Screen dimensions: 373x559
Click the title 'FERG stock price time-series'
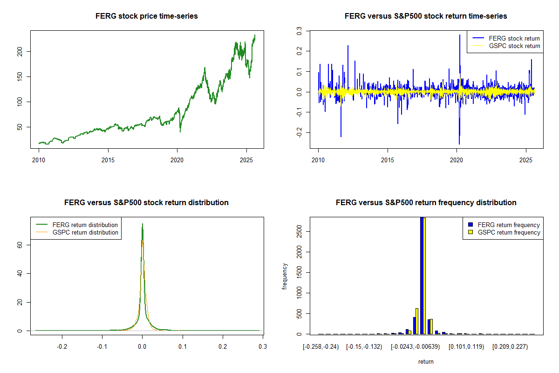[x=146, y=16]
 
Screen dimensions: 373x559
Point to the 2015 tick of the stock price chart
[x=108, y=159]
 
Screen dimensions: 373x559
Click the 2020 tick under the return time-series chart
[x=457, y=159]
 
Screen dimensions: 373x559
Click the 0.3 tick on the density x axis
[x=262, y=346]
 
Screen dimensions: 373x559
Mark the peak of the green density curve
[x=143, y=224]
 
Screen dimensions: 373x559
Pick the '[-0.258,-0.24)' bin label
[x=321, y=346]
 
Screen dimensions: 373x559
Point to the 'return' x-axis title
[x=426, y=361]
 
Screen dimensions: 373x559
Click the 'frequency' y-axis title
[x=286, y=276]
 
